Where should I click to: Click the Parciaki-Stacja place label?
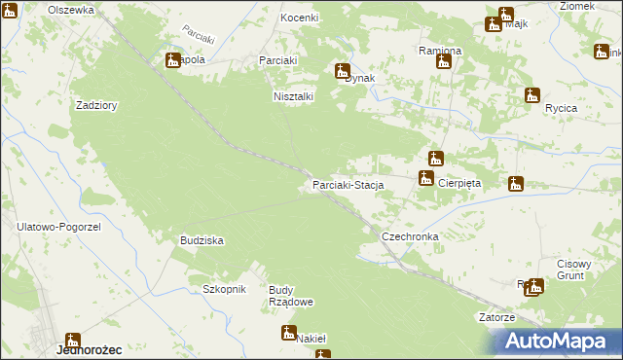348,184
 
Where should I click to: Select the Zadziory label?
96,105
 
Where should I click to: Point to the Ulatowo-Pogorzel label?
58,226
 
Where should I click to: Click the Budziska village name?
202,239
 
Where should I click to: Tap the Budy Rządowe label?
290,296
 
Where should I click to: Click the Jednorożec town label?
89,348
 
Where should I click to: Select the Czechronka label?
410,236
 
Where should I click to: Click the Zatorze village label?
496,317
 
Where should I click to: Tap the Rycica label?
562,108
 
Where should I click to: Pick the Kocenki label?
300,18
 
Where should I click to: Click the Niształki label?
293,96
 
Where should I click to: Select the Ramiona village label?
440,50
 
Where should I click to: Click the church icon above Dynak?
343,70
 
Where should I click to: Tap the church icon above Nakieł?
289,332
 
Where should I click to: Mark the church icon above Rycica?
531,95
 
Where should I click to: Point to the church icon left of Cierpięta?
425,177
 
